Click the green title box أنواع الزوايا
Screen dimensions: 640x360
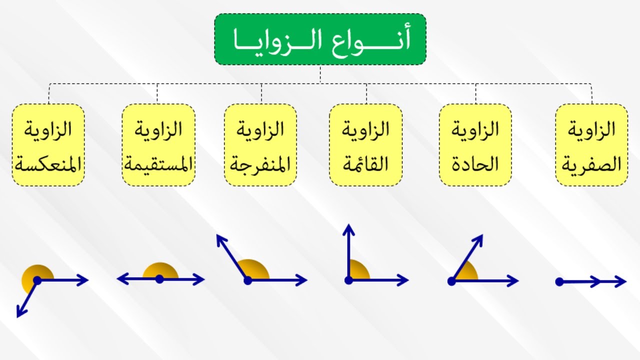pyautogui.click(x=320, y=39)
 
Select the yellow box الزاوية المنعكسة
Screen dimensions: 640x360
pyautogui.click(x=48, y=145)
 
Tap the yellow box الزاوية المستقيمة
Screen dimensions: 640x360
pyautogui.click(x=158, y=145)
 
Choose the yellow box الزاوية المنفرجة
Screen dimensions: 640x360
pyautogui.click(x=260, y=145)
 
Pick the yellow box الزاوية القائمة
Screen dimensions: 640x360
pyautogui.click(x=365, y=145)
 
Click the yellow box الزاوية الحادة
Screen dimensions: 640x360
pyautogui.click(x=475, y=145)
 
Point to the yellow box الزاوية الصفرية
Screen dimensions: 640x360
pyautogui.click(x=591, y=145)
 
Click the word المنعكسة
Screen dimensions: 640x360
pyautogui.click(x=48, y=164)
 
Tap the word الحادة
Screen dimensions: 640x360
pyautogui.click(x=475, y=164)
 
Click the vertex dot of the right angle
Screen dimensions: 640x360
pyautogui.click(x=348, y=280)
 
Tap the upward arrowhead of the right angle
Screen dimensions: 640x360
pyautogui.click(x=348, y=230)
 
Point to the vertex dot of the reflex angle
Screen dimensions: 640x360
pyautogui.click(x=37, y=280)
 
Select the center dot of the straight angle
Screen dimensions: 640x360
pyautogui.click(x=159, y=279)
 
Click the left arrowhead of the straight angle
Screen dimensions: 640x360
pyautogui.click(x=123, y=279)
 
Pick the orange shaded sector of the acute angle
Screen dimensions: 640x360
pyautogui.click(x=467, y=272)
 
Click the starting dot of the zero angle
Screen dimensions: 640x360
pyautogui.click(x=559, y=282)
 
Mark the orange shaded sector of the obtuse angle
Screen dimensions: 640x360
pyautogui.click(x=255, y=268)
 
